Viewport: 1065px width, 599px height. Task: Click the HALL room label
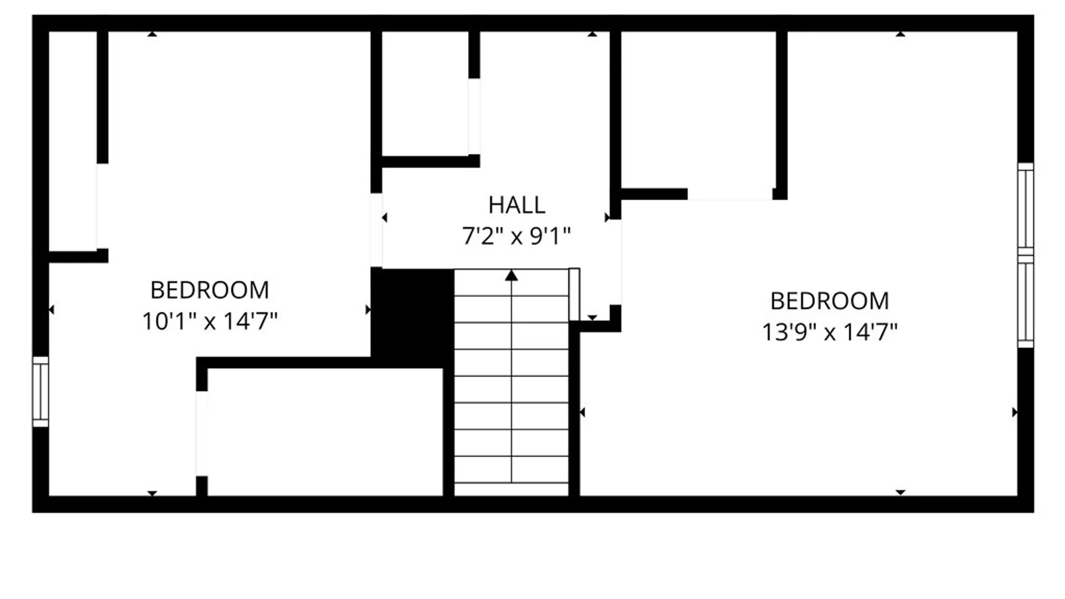517,205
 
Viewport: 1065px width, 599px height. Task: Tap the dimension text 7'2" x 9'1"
516,236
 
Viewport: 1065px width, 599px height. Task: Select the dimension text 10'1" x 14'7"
210,321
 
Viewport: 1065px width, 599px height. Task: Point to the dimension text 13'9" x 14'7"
830,332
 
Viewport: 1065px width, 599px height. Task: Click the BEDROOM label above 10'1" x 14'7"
210,290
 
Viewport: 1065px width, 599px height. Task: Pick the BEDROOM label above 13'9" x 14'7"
830,301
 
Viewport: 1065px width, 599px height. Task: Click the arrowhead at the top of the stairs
511,275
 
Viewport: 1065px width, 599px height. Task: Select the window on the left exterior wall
40,392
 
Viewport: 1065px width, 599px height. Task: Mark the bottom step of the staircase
511,489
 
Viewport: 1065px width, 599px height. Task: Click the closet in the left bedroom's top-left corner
73,141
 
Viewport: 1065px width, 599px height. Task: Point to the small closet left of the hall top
425,94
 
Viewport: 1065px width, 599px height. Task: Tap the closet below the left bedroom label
325,432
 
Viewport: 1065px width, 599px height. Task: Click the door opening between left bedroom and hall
376,230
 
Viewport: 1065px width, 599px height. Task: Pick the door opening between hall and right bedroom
615,262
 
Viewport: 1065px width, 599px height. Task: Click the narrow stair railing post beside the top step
574,295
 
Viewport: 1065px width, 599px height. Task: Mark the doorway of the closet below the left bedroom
202,434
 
